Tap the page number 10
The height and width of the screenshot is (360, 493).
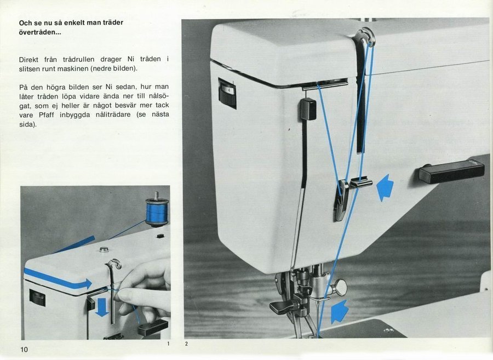click(24, 349)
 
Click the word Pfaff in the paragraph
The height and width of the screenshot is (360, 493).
click(47, 115)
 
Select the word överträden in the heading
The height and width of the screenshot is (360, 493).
click(40, 32)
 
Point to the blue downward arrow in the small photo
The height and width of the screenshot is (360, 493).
click(102, 307)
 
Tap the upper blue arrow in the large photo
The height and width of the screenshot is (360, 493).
click(385, 187)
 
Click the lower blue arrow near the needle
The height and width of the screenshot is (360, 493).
click(340, 311)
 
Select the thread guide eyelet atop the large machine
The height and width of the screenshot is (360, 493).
click(366, 37)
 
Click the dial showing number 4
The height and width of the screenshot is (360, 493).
click(227, 93)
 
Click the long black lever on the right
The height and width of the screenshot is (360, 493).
click(451, 172)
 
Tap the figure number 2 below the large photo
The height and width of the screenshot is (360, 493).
click(186, 344)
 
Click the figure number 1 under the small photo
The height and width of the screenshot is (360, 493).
click(168, 344)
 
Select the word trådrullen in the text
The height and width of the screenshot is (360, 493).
click(78, 59)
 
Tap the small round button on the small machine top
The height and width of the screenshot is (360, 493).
click(104, 250)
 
